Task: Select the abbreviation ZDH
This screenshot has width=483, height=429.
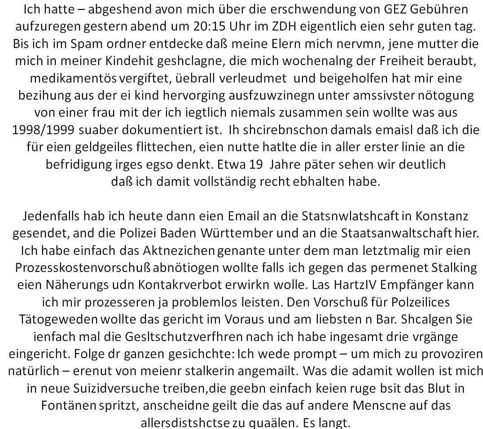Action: [316, 26]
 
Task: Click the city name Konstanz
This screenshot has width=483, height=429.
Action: [442, 217]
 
